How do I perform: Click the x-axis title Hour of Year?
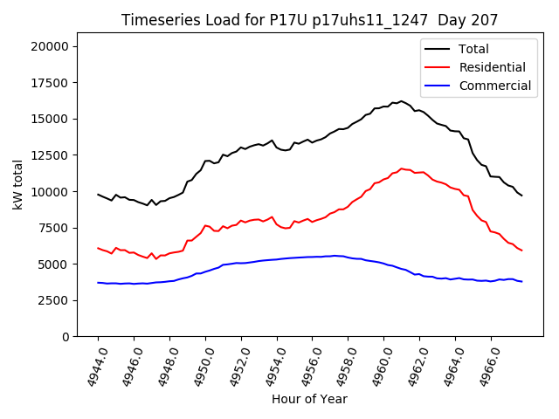click(x=309, y=399)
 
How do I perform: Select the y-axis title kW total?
click(x=18, y=185)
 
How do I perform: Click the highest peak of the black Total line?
click(x=401, y=101)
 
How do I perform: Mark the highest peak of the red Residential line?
click(x=402, y=168)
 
